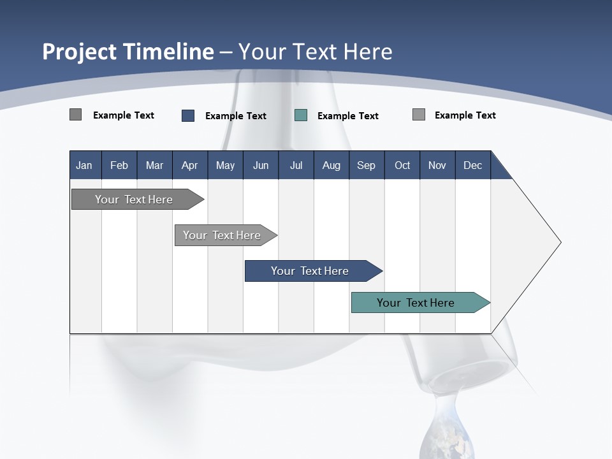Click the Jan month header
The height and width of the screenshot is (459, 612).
(x=84, y=166)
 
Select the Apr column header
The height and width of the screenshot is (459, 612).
(x=189, y=166)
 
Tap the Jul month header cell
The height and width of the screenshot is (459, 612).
(x=296, y=166)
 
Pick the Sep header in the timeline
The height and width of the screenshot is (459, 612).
(x=366, y=166)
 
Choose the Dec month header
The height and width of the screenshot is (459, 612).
(x=472, y=166)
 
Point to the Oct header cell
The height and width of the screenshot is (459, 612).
(x=402, y=166)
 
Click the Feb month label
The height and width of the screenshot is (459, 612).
(x=119, y=166)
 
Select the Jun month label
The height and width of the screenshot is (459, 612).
(x=261, y=166)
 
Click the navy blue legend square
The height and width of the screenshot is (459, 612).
(x=188, y=115)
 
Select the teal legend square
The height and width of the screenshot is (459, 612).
(x=301, y=115)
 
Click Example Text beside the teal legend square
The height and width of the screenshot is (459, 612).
(x=348, y=116)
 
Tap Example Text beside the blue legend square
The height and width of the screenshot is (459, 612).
(x=236, y=116)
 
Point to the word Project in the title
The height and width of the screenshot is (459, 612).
(x=78, y=52)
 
